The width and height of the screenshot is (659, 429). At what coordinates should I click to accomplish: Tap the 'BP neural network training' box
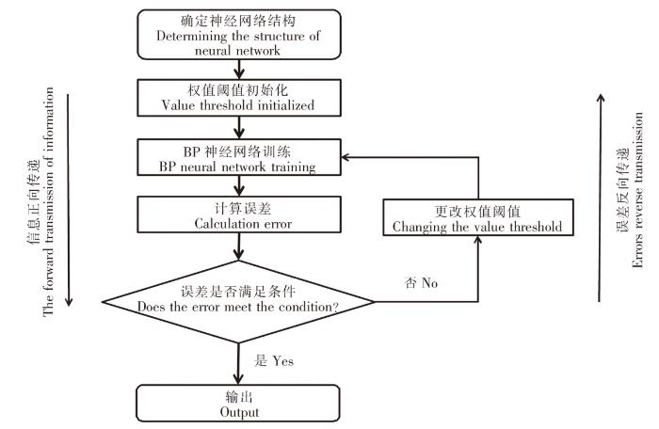pyautogui.click(x=239, y=157)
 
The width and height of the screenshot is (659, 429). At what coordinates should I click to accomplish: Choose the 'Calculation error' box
pyautogui.click(x=239, y=215)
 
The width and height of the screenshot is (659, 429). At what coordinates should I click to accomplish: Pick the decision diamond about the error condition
pyautogui.click(x=239, y=301)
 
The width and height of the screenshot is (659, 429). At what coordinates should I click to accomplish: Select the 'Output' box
pyautogui.click(x=239, y=404)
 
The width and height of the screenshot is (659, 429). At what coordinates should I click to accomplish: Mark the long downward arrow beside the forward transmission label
pyautogui.click(x=68, y=202)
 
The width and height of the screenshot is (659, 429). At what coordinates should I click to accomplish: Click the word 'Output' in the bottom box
pyautogui.click(x=239, y=411)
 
